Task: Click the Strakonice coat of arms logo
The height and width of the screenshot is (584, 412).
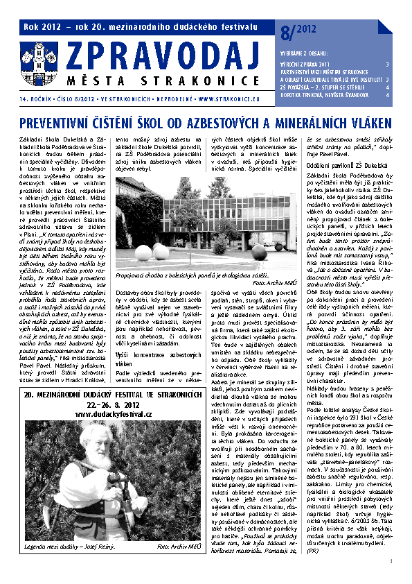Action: click(x=35, y=58)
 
